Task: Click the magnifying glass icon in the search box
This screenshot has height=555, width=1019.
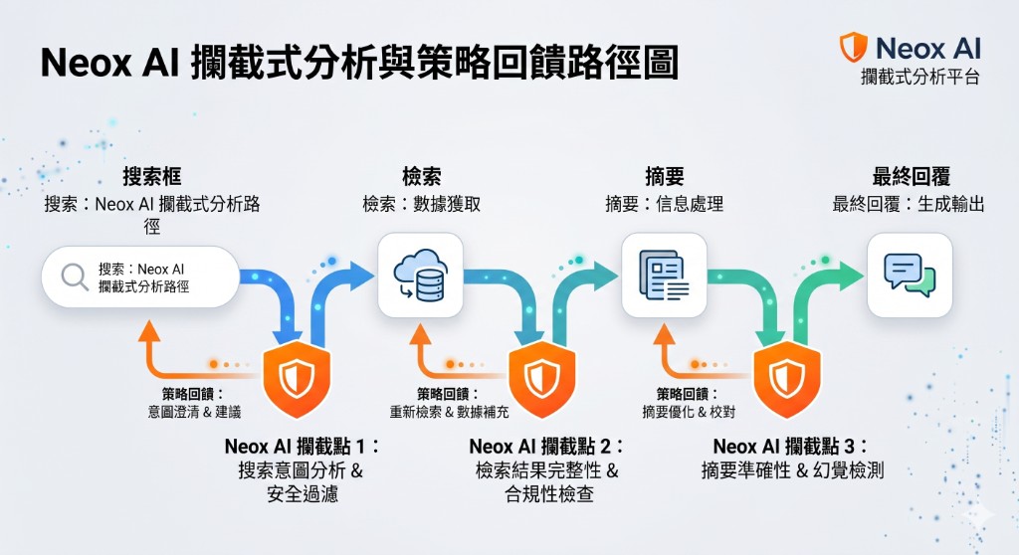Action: point(75,277)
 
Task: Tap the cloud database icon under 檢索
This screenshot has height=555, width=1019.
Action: point(421,276)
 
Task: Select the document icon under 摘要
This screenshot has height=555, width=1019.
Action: point(664,276)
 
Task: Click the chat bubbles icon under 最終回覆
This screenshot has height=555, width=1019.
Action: point(910,275)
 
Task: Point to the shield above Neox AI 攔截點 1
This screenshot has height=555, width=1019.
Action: point(297,379)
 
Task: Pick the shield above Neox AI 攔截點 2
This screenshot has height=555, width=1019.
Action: point(541,379)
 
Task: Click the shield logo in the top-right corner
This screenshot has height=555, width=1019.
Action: point(853,48)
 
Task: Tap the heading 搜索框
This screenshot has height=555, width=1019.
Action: point(152,176)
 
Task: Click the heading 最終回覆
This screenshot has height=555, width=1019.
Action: point(912,176)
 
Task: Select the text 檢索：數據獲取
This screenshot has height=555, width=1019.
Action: point(422,204)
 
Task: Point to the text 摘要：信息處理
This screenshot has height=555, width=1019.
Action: point(664,204)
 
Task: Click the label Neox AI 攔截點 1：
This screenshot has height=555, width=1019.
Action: point(303,447)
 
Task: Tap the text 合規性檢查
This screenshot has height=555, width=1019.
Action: point(549,494)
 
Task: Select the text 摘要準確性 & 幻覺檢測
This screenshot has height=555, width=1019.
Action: point(792,470)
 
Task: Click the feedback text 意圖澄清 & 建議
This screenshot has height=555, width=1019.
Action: point(194,412)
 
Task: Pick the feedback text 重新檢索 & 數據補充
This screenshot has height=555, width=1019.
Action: point(449,412)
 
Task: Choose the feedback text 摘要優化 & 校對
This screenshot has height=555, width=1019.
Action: point(689,412)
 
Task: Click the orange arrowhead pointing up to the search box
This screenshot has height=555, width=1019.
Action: point(149,331)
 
